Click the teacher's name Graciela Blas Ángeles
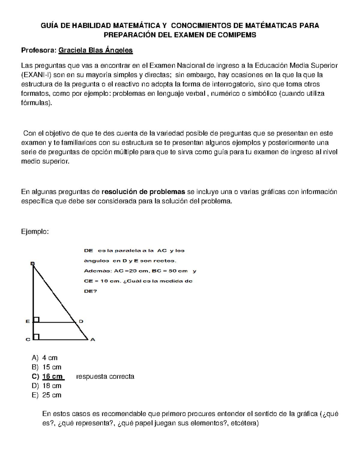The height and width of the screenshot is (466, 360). [95, 50]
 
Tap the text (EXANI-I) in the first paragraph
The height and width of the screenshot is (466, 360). [36, 75]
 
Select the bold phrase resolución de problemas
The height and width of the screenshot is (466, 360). [143, 192]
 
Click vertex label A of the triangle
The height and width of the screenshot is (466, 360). [93, 340]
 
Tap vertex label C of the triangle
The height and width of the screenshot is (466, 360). [28, 340]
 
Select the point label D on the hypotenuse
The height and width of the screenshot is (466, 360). [81, 321]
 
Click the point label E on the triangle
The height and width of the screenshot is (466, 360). [28, 321]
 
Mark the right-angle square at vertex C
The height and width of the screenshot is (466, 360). [36, 337]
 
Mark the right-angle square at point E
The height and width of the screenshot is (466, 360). [36, 320]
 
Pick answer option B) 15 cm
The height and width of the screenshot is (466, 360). [46, 367]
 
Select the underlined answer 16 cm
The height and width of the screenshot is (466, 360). [53, 376]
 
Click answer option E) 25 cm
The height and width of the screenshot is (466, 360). [46, 395]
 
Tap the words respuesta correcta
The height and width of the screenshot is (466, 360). [105, 376]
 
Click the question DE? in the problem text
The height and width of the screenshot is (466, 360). [90, 291]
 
